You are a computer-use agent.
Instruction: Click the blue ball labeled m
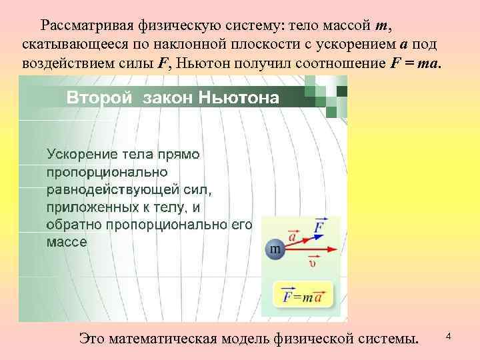tap(275, 250)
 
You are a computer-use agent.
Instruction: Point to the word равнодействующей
tap(111, 189)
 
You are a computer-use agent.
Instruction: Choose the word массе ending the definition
tap(66, 241)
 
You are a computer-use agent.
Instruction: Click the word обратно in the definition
tap(70, 224)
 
